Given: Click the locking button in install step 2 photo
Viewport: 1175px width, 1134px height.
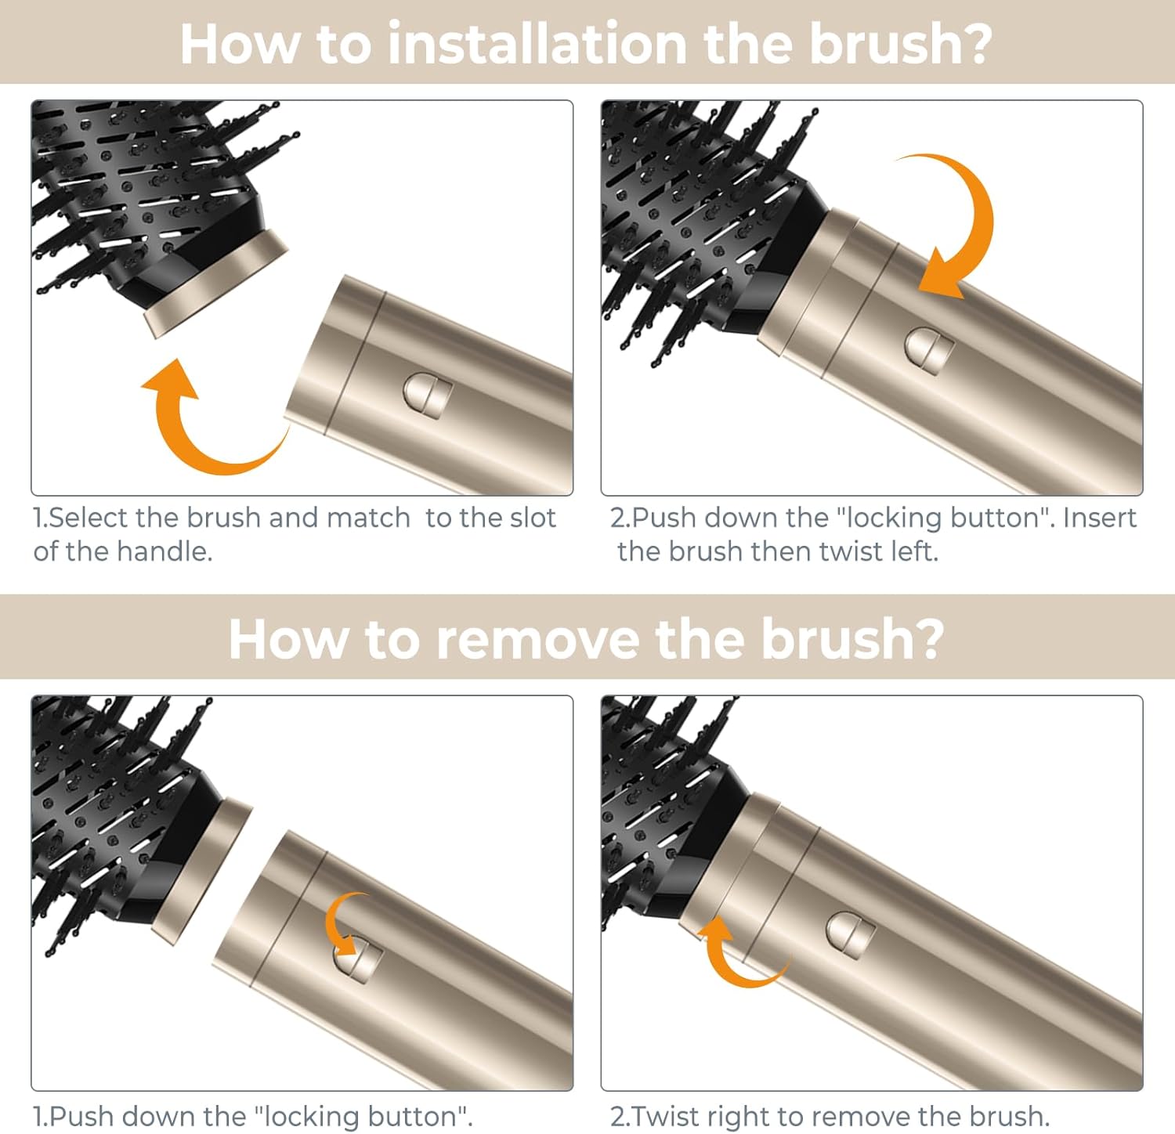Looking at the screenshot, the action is click(x=929, y=349).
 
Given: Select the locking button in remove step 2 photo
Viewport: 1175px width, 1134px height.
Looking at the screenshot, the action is click(x=851, y=935).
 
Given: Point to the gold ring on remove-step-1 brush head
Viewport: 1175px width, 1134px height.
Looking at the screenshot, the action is click(x=201, y=872).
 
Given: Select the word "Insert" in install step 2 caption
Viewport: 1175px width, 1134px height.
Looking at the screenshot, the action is click(x=1100, y=518).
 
